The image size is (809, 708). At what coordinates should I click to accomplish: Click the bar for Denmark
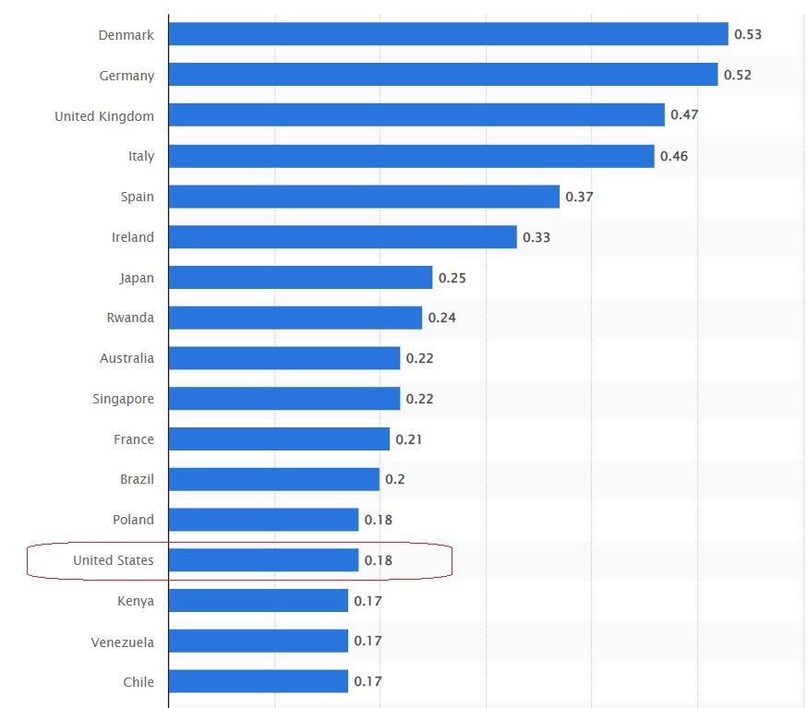click(448, 34)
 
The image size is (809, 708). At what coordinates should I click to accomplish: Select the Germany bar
click(443, 75)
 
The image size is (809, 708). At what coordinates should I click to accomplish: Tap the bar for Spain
click(364, 197)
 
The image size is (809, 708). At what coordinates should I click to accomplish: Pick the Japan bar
click(300, 278)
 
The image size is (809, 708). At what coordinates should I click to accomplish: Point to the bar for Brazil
click(273, 479)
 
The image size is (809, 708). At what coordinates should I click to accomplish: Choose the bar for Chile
click(258, 682)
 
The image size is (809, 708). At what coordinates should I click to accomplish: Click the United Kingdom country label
click(104, 116)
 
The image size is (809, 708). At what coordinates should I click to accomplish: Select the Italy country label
click(141, 156)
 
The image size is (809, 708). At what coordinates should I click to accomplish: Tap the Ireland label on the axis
click(133, 237)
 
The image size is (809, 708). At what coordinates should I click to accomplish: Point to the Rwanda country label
click(130, 318)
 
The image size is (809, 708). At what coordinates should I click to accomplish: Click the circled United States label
click(114, 560)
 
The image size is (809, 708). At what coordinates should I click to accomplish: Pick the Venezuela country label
click(123, 642)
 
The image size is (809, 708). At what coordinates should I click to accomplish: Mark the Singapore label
click(124, 399)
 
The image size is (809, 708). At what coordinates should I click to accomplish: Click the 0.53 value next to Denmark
click(748, 34)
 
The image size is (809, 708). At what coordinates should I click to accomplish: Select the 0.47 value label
click(684, 115)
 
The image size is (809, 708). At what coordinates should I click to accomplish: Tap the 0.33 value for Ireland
click(537, 237)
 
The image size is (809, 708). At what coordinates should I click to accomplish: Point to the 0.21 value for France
click(409, 439)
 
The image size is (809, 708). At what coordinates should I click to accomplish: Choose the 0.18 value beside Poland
click(379, 520)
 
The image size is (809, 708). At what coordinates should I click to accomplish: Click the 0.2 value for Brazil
click(395, 479)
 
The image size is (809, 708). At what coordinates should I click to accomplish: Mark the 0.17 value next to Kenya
click(368, 601)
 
